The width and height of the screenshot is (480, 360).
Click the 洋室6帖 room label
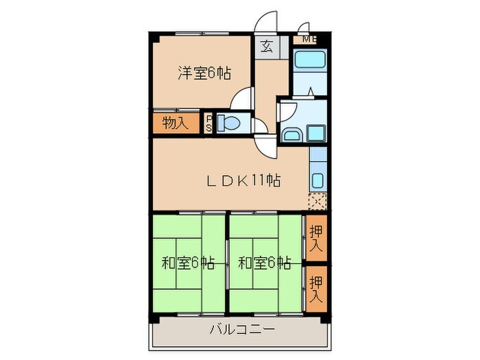point(203,74)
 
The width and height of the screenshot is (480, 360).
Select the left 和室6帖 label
point(187,263)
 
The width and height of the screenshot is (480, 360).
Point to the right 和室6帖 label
point(264,263)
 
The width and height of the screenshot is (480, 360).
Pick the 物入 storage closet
point(175,124)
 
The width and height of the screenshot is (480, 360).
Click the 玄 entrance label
point(266,48)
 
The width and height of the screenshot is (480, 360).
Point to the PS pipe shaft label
point(209,124)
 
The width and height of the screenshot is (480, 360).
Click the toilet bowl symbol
point(228,124)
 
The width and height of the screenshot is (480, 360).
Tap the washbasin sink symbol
point(291,134)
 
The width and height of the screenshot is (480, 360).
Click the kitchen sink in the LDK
point(317,180)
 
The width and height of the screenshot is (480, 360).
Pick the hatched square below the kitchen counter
point(317,202)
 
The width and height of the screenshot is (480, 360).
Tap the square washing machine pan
point(316,132)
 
